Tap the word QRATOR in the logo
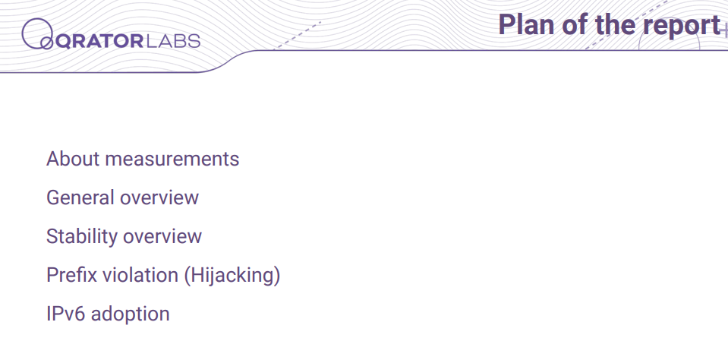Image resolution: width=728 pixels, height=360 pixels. tap(99, 41)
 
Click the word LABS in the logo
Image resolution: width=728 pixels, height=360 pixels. tap(173, 41)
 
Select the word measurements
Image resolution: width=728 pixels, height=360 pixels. tap(172, 159)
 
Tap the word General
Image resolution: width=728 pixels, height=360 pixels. tap(80, 198)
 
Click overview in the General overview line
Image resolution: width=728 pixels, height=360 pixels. tap(159, 198)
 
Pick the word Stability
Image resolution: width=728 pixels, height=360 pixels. tap(82, 236)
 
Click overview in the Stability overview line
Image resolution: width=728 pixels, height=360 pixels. tap(162, 237)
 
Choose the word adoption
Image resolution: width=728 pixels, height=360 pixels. tap(130, 315)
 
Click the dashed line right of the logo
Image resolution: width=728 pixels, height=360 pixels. tap(297, 35)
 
